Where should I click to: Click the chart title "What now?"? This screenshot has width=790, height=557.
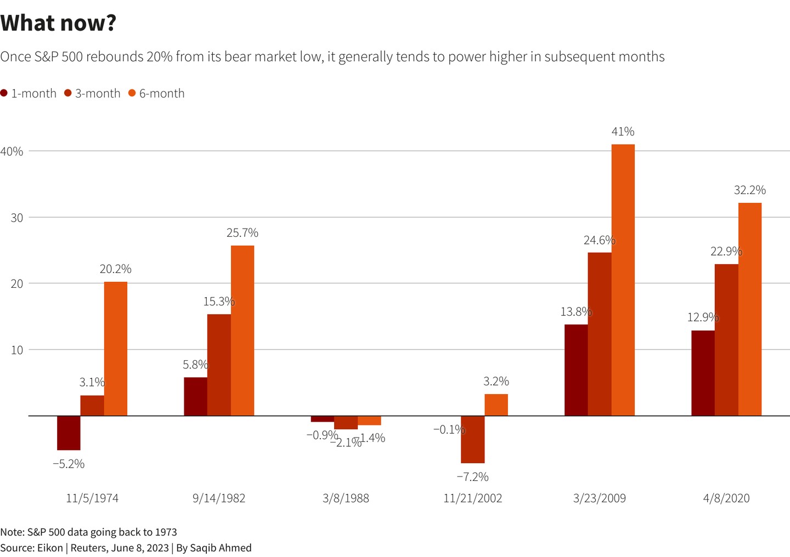[x=58, y=23]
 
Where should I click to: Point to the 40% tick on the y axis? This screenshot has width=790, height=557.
[x=12, y=151]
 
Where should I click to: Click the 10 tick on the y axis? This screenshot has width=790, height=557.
[x=17, y=350]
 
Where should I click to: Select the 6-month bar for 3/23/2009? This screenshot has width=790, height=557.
[x=623, y=280]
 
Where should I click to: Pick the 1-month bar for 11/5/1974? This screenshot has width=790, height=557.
[x=69, y=433]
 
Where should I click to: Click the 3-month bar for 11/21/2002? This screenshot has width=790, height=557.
[x=472, y=439]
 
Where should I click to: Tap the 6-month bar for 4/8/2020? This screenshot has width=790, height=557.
[x=749, y=309]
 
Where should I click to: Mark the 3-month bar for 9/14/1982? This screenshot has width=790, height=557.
[x=219, y=365]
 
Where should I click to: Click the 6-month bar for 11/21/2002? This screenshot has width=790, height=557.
[x=496, y=405]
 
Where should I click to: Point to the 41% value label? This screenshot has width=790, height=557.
[x=623, y=132]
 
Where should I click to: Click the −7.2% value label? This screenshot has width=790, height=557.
[x=472, y=477]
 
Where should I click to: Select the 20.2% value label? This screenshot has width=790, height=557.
[x=115, y=269]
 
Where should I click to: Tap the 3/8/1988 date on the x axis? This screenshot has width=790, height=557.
[x=346, y=498]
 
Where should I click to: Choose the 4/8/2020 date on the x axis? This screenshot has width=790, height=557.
[x=726, y=498]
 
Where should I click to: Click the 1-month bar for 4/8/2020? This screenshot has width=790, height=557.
[x=702, y=373]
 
